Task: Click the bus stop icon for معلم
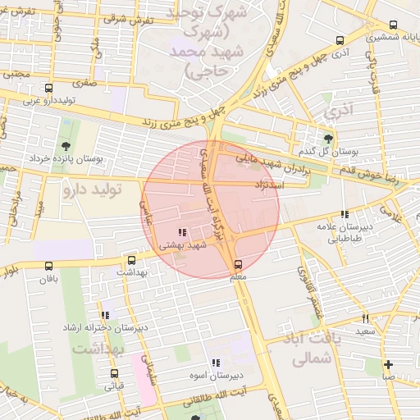pos(238,264)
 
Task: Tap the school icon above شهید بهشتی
pos(181,232)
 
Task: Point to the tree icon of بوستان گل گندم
pos(329,139)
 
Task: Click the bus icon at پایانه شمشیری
pos(340,41)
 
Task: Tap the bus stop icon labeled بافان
pos(49,266)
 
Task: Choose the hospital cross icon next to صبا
pos(388,364)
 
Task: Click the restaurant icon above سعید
pos(365,318)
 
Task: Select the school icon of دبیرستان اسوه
pos(215,363)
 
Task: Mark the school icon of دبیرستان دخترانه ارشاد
pos(105,315)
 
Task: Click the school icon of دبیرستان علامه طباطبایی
pos(345,214)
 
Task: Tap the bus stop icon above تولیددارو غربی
pos(49,88)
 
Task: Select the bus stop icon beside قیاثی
pos(114,373)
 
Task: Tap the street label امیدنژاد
pos(269,186)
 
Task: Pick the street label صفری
pos(84,83)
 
